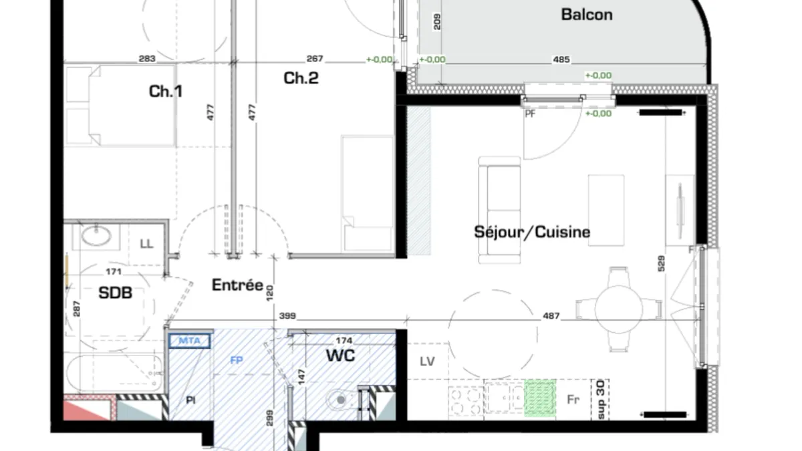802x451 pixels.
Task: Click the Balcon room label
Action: [x=587, y=15]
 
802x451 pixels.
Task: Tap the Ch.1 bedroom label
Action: [x=166, y=92]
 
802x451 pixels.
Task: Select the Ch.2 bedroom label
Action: [x=301, y=78]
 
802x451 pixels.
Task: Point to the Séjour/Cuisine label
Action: [x=532, y=232]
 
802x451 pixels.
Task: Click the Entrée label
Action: [x=237, y=285]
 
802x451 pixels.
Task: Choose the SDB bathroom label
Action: [x=115, y=293]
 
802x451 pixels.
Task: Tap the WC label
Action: [x=340, y=355]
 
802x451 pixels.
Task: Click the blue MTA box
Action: [x=189, y=340]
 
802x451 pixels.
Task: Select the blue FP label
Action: [x=237, y=360]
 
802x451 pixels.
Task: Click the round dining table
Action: [x=619, y=309]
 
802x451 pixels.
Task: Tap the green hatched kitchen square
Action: [x=540, y=398]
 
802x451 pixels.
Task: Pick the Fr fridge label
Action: [x=573, y=400]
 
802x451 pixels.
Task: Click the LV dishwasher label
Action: [x=427, y=361]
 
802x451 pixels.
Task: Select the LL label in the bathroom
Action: [x=146, y=244]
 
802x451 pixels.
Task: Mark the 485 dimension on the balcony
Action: [x=561, y=59]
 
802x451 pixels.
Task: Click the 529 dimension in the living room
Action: [x=661, y=263]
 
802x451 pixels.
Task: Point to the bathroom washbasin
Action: [x=96, y=236]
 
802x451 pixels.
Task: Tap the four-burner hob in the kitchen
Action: [x=466, y=401]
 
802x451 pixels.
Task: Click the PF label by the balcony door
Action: [x=530, y=114]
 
